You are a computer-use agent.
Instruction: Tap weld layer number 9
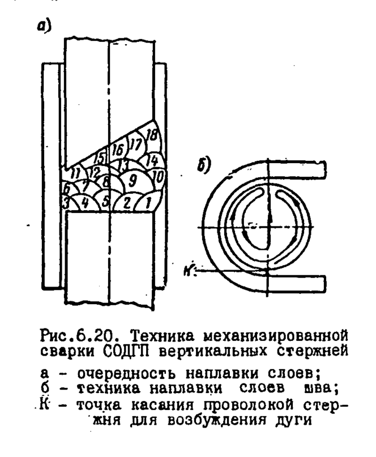[x=133, y=181]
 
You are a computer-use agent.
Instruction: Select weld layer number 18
[x=151, y=134]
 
